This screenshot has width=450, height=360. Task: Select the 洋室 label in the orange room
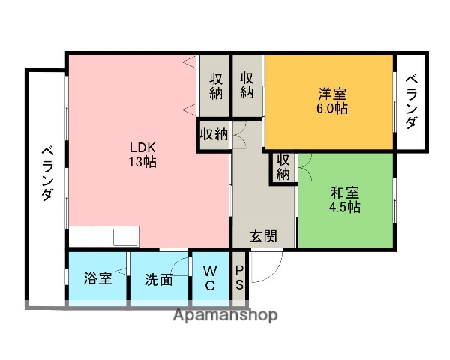[331, 94]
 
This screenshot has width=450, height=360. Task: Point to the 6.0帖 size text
[331, 109]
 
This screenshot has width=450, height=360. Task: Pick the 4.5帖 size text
[345, 207]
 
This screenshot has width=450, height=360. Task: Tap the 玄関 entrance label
[263, 236]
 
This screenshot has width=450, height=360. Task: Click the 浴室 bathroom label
[98, 279]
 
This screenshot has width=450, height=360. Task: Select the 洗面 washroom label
[159, 280]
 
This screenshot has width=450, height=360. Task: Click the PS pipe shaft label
[239, 277]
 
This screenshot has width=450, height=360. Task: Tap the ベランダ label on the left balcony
[46, 172]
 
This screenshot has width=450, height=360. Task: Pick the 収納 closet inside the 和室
[283, 166]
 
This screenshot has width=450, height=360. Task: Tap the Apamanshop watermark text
[225, 315]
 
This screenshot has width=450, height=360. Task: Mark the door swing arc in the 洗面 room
[180, 266]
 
